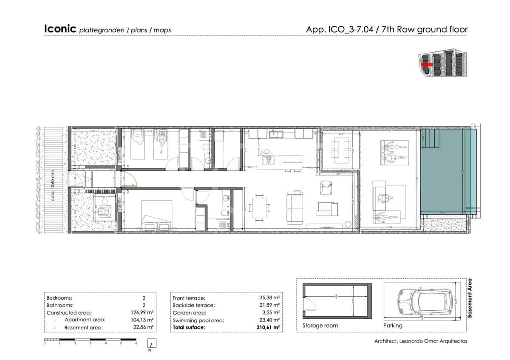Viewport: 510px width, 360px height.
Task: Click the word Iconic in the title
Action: (60, 29)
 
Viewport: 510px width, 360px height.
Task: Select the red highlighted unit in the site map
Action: (427, 65)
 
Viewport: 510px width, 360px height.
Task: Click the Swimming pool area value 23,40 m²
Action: (269, 320)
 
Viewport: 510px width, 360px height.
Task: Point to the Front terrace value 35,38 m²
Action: (269, 298)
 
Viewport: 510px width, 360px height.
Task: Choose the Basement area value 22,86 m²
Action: (143, 328)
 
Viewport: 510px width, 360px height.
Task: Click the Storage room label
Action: (320, 326)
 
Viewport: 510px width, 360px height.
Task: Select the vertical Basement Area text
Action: (470, 298)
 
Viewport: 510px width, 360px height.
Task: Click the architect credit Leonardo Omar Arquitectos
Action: (420, 341)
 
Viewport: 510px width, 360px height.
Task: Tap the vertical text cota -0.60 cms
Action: (53, 185)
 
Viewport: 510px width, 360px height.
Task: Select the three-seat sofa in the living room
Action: (294, 208)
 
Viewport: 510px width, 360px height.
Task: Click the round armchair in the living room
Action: (325, 187)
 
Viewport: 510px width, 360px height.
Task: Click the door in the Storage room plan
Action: (309, 303)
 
